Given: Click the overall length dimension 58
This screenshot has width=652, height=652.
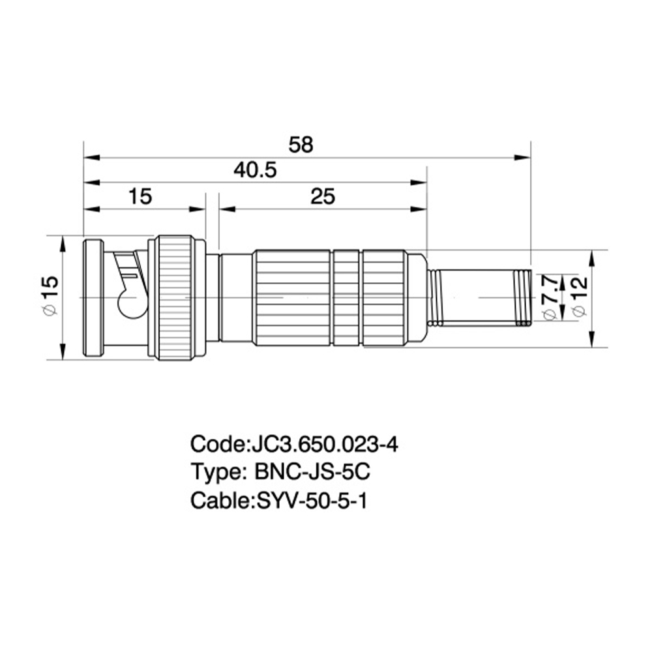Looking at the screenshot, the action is [x=301, y=145].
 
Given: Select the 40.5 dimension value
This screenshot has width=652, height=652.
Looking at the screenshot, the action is [x=255, y=170].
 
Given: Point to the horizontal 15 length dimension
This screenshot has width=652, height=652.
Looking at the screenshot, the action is [x=140, y=196].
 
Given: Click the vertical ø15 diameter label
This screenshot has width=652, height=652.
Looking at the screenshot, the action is [x=51, y=295].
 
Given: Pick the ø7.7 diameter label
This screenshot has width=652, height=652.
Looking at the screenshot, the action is [x=550, y=298].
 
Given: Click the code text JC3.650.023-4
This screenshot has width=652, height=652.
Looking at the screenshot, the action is [x=323, y=444].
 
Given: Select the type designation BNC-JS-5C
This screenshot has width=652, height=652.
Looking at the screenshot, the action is [x=312, y=472].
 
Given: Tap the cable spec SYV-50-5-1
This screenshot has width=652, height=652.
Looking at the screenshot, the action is [x=312, y=501].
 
